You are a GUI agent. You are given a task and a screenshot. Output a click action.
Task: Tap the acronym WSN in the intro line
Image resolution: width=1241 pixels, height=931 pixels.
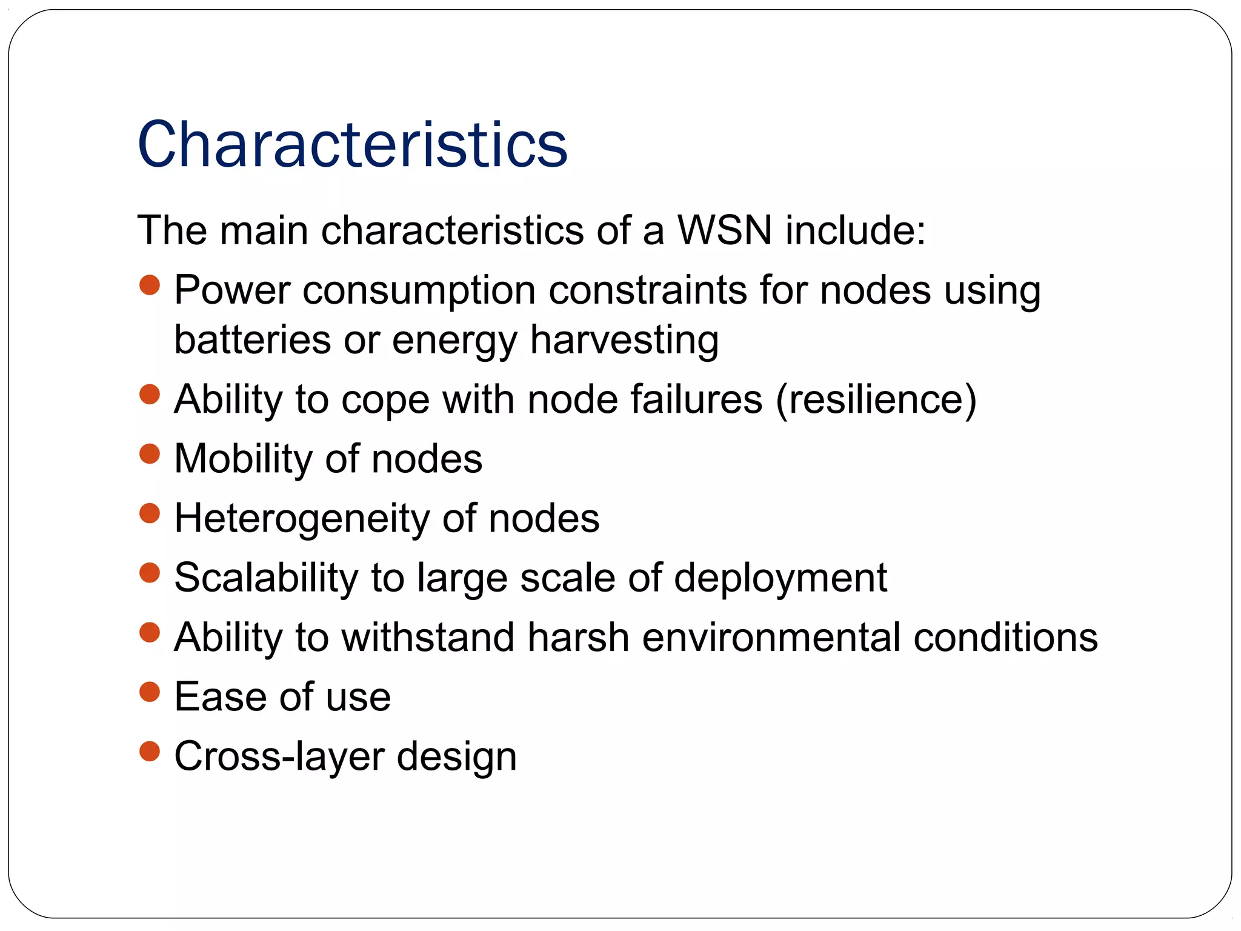tap(725, 230)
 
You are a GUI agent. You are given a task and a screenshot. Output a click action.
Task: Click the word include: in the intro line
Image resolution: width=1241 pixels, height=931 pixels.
tap(856, 230)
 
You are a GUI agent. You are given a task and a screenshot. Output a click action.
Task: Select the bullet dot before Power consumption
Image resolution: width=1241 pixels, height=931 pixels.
tap(149, 285)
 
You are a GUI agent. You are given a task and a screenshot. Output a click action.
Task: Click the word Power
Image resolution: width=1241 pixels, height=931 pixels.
tap(232, 290)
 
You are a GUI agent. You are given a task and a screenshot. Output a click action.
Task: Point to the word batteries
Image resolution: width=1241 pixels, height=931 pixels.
tap(252, 339)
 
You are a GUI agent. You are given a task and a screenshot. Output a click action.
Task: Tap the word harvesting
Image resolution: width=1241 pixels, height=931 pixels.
tap(625, 341)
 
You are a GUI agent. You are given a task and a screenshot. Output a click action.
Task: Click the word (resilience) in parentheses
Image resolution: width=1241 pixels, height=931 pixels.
tap(876, 400)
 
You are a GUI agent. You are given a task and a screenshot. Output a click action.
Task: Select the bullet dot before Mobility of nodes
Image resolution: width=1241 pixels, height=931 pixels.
tap(149, 453)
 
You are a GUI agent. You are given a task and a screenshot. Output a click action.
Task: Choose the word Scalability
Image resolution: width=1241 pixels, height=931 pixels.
tap(266, 578)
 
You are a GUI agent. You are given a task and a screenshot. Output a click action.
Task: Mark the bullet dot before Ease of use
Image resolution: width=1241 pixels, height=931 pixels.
tap(149, 692)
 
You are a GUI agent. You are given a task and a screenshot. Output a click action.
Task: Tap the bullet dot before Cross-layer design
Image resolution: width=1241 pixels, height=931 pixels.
tap(149, 752)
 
